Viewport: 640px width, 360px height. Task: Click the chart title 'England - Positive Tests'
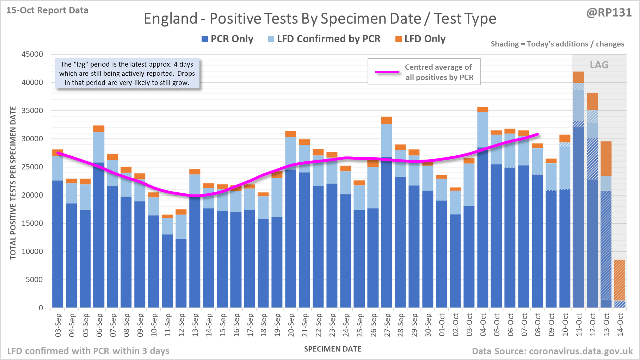[320, 19]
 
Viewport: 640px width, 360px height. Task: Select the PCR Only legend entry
[227, 39]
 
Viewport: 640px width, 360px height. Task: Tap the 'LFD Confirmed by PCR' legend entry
[324, 39]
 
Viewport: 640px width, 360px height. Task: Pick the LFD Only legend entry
[420, 39]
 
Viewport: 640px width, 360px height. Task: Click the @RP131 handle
[609, 13]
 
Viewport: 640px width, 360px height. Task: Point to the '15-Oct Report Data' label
[47, 11]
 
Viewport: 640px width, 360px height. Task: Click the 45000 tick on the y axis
[32, 54]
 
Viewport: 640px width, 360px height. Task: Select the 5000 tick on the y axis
[34, 280]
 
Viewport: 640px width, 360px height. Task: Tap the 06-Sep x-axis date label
[99, 325]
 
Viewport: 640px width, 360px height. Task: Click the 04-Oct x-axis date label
[483, 325]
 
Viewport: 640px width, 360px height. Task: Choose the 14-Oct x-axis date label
[620, 325]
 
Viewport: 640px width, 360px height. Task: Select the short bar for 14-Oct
[620, 284]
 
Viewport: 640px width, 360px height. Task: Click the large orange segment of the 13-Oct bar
[606, 159]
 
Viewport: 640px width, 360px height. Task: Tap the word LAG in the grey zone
[599, 65]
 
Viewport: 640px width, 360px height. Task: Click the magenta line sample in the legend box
[387, 72]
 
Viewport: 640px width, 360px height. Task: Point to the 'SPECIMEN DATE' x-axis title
[333, 349]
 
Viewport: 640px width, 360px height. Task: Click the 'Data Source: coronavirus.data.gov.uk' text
[552, 351]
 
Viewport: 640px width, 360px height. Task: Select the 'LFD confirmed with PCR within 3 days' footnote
[88, 351]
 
